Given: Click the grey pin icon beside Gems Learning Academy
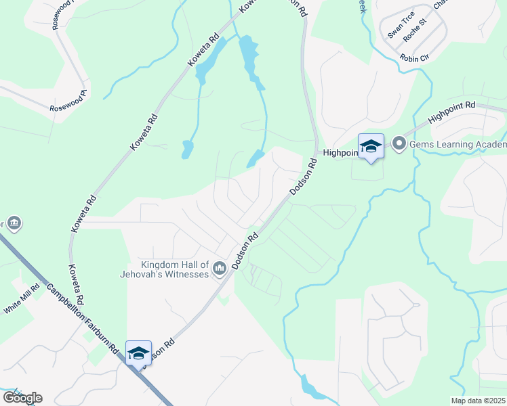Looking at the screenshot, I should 399,143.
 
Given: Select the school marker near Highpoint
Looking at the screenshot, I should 371,147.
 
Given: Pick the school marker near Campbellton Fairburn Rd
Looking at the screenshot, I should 138,353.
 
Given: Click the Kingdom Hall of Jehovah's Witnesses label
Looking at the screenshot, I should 174,269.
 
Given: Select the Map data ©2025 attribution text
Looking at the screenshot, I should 478,401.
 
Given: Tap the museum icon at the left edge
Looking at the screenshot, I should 14,223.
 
